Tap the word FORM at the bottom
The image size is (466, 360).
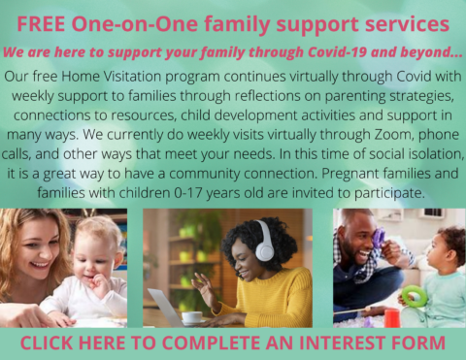(x=416, y=343)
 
